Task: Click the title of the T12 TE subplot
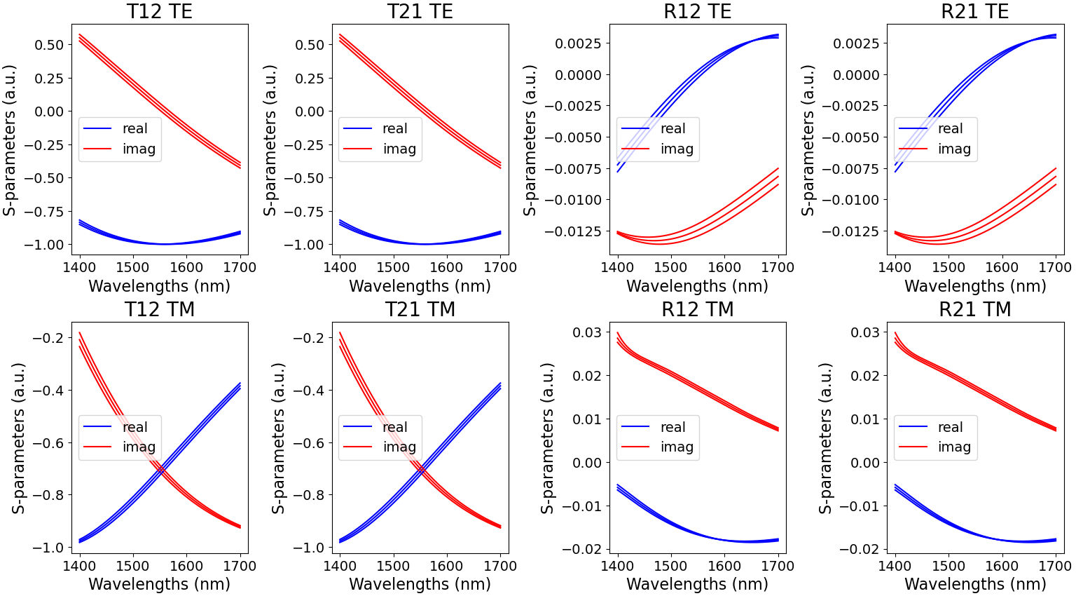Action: tap(159, 12)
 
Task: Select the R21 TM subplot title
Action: tap(974, 310)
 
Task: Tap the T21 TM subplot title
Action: tap(420, 310)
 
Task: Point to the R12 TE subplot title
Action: tap(697, 12)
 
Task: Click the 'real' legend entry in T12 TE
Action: tap(134, 129)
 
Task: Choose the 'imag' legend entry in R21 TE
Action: tap(954, 149)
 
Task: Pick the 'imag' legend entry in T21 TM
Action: tap(399, 447)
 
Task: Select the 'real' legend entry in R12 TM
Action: tap(672, 427)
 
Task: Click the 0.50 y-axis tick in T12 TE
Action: tap(49, 45)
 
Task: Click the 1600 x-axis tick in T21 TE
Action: tap(446, 267)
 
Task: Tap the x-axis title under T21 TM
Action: tap(420, 583)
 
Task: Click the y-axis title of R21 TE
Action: tap(808, 140)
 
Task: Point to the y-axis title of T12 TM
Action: tap(18, 438)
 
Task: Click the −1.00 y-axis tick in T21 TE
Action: tap(309, 245)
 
